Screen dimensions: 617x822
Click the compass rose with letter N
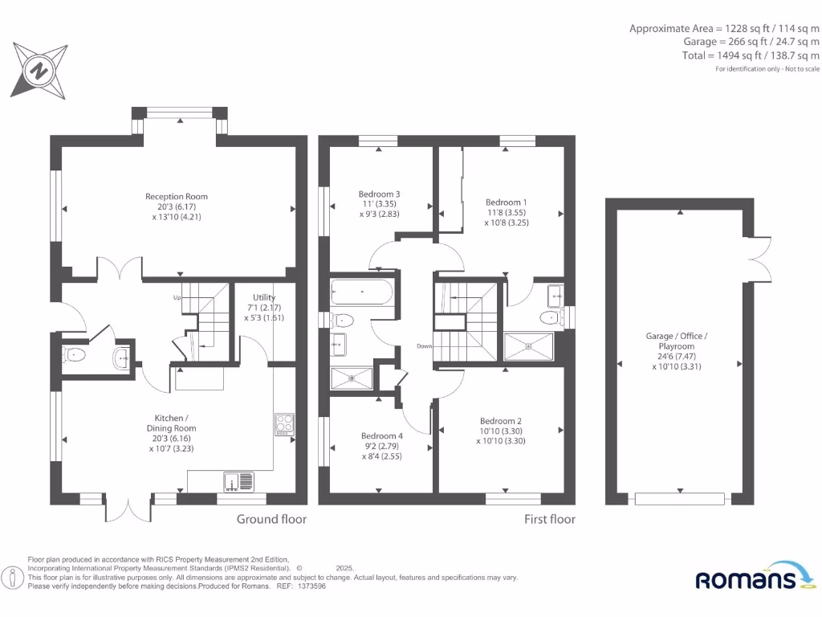coord(37,71)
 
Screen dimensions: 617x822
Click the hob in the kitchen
coord(284,424)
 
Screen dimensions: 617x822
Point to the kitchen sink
coord(239,481)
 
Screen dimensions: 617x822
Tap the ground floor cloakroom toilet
coord(76,354)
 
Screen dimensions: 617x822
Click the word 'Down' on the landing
coord(425,346)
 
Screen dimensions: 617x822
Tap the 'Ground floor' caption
coord(271,519)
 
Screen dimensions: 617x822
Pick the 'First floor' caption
coord(550,519)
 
